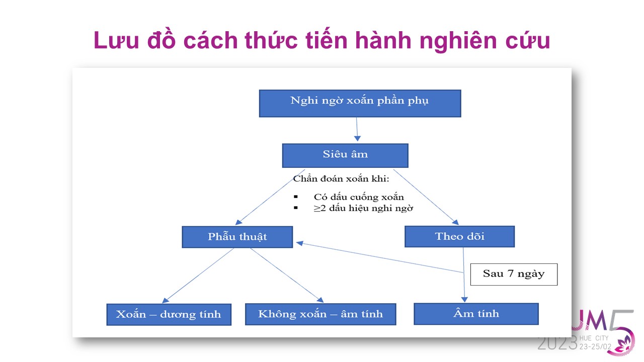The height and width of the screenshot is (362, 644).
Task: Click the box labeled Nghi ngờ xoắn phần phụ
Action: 360,104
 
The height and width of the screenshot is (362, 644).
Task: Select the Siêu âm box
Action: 345,156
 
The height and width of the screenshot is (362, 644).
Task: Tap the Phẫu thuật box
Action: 237,237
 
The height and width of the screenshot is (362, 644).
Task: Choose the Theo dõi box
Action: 459,236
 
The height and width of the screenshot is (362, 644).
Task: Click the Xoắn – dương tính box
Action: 169,315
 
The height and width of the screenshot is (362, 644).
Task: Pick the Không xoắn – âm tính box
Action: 320,314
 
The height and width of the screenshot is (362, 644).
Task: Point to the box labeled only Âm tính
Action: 476,314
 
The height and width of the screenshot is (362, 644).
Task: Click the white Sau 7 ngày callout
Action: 514,275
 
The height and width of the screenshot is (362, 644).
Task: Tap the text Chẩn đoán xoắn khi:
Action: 341,179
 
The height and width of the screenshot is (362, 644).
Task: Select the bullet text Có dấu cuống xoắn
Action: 359,197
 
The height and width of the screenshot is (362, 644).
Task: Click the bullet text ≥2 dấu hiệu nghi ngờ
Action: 363,208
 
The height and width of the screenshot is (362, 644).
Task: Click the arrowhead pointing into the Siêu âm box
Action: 357,138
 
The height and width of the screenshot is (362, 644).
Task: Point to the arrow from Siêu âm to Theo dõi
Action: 426,197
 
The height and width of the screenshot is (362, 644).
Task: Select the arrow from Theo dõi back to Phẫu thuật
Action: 379,257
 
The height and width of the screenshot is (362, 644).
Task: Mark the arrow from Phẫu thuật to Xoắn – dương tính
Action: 198,276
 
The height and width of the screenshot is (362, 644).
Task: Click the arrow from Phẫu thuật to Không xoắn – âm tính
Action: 287,275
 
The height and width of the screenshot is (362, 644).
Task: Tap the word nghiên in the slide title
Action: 458,41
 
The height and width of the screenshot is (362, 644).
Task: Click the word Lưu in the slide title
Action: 116,40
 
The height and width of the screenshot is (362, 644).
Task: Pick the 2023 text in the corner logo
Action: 557,343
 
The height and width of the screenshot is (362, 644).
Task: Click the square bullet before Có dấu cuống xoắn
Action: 295,197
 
